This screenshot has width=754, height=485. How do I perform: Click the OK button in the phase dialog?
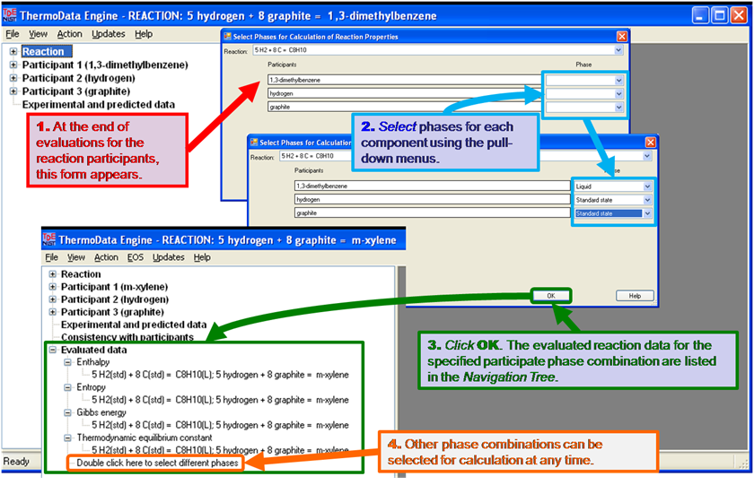click(x=550, y=295)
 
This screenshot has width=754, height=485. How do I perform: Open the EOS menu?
click(x=136, y=257)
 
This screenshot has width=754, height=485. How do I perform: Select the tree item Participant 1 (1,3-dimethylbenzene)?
click(x=105, y=65)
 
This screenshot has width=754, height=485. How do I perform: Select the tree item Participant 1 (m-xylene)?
click(x=114, y=287)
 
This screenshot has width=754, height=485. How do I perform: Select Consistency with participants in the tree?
click(x=127, y=337)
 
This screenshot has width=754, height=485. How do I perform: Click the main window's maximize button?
click(x=721, y=15)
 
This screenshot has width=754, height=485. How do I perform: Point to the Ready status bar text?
click(x=17, y=462)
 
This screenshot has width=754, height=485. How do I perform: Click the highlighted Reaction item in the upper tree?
click(x=43, y=52)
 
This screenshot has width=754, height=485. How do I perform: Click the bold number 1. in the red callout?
click(x=44, y=126)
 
